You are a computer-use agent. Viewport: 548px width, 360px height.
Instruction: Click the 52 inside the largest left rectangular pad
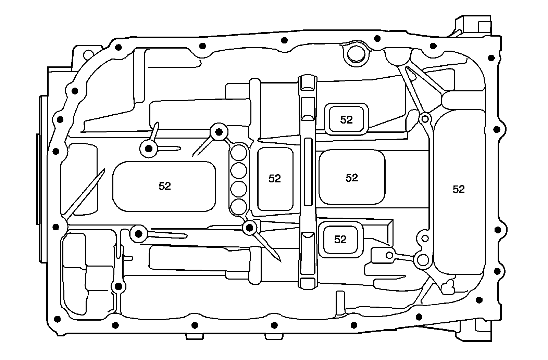165,186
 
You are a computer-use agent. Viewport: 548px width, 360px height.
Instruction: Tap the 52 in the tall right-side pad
458,189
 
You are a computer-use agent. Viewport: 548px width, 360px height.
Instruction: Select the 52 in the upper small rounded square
346,119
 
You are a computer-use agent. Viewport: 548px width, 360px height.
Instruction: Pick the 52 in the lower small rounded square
340,240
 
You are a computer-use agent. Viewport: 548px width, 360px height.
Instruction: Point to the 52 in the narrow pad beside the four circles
275,178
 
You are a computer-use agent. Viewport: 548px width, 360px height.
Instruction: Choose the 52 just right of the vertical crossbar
352,178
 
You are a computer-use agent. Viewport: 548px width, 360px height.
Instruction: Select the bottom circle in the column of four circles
239,206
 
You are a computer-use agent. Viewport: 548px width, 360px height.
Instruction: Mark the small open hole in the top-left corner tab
88,54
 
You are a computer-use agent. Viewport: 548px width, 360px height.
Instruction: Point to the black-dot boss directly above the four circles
219,131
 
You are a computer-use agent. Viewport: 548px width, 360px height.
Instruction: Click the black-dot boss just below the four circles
250,227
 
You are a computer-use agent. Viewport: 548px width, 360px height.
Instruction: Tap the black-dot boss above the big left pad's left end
149,149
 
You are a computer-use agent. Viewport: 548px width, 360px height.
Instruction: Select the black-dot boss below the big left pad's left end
139,234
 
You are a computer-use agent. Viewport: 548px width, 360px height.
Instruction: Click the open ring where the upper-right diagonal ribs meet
425,119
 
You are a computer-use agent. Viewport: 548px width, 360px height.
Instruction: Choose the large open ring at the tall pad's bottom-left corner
422,260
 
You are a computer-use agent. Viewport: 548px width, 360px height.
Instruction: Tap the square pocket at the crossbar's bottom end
307,283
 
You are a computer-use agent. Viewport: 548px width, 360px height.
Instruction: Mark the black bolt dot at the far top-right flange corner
491,58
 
